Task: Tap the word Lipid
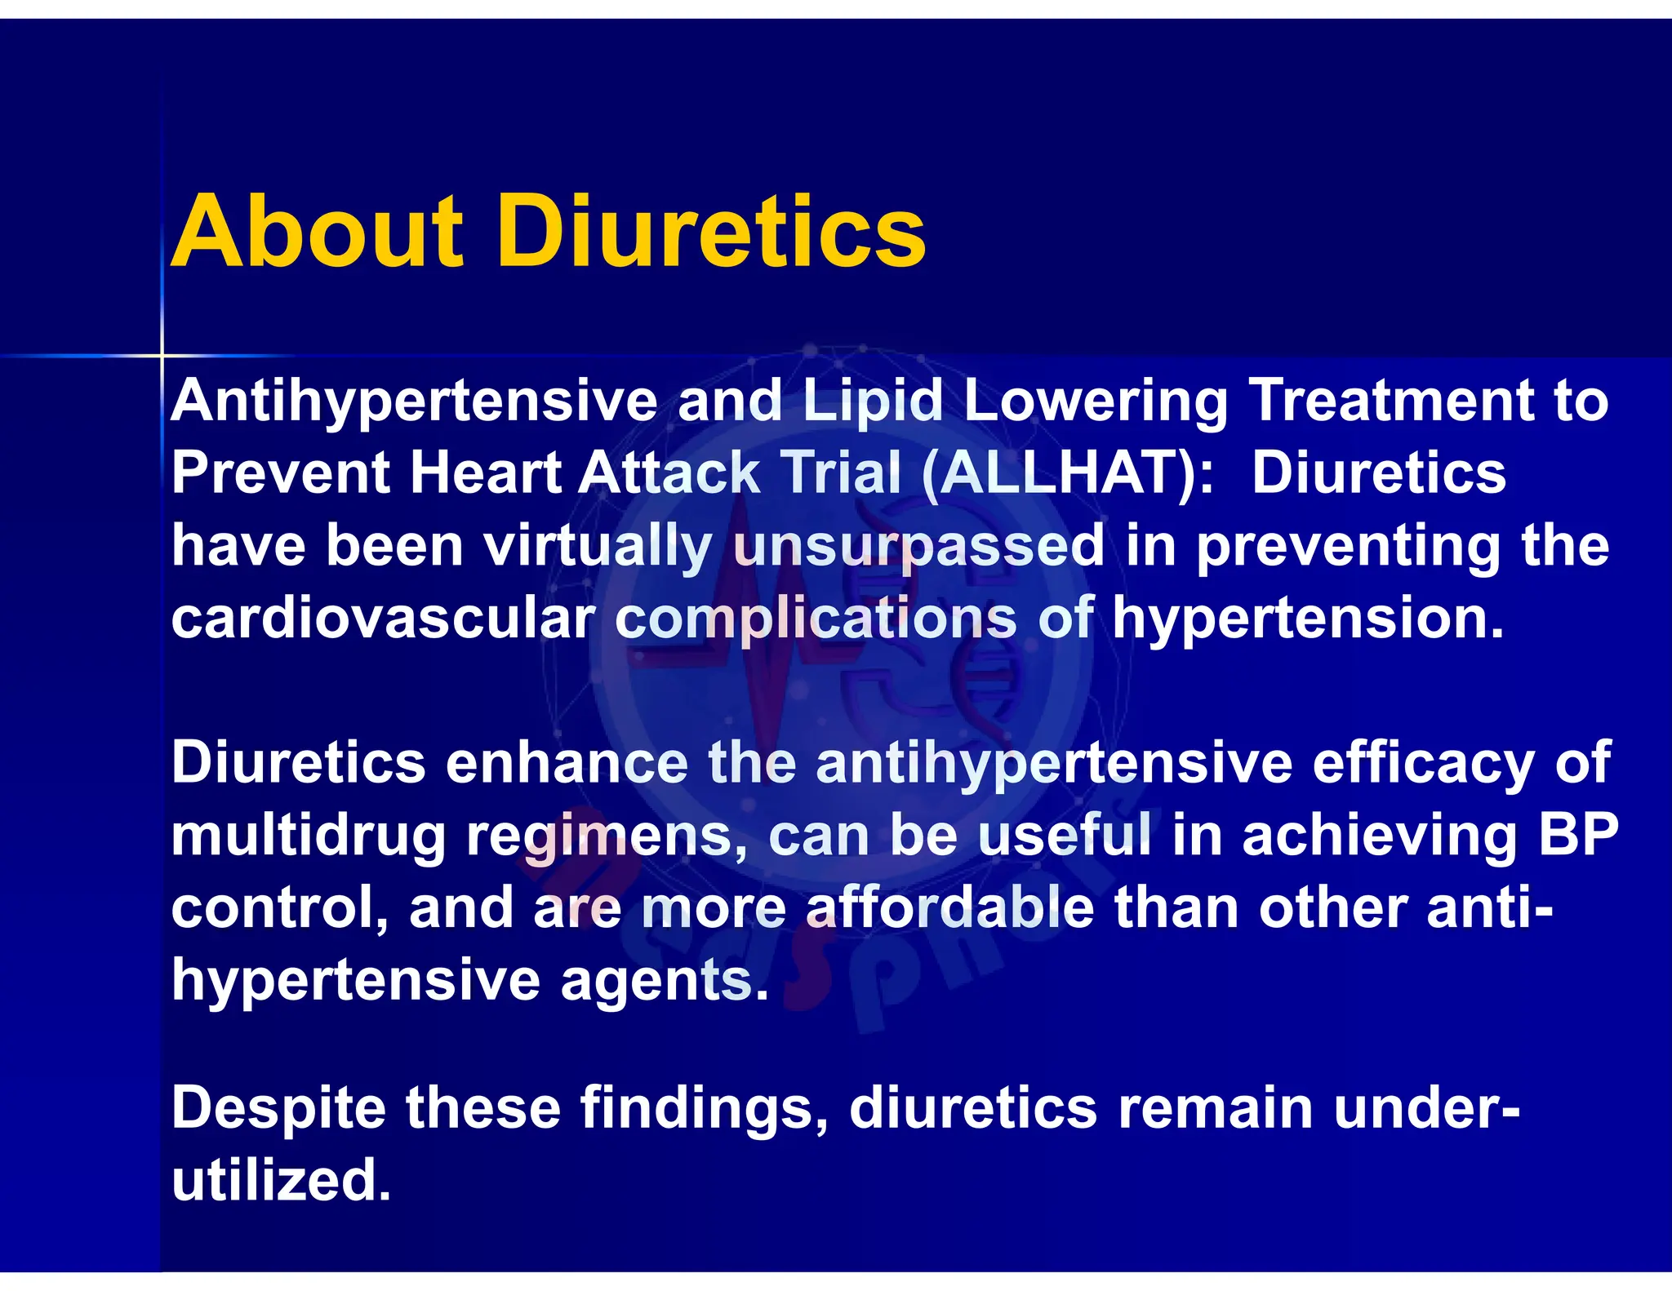point(873,401)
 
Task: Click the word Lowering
point(1096,401)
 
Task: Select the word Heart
point(485,473)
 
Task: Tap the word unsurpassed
point(919,547)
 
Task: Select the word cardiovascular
point(383,619)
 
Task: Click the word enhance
point(567,763)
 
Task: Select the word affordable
point(950,907)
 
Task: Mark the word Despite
point(278,1108)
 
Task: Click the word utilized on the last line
point(281,1180)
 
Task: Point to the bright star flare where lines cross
point(162,356)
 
